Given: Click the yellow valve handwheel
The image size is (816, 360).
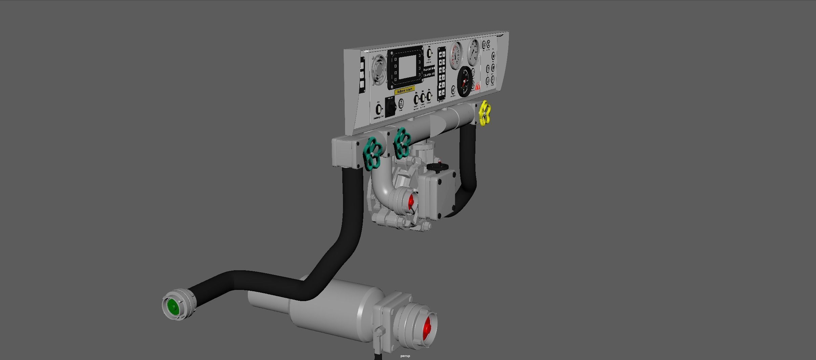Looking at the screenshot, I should pos(485,113).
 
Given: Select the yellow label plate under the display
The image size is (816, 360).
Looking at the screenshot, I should pos(405,90).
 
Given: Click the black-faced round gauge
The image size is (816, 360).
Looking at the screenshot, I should pos(465,81).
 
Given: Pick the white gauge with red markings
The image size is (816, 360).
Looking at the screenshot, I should pos(456,55).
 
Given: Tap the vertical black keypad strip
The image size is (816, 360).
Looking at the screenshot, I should pos(442,74).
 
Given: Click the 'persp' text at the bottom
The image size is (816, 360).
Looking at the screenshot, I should pos(405,356).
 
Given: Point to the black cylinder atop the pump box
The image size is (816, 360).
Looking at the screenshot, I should pos(437,166).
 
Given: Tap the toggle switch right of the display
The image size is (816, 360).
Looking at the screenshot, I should pos(429,54).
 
